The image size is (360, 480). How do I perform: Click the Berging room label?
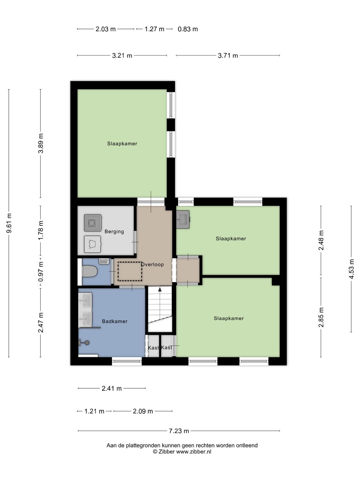click(x=114, y=232)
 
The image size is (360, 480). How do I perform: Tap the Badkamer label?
click(x=115, y=321)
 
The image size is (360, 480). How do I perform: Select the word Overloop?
click(x=152, y=265)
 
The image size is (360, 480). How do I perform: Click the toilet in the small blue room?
click(x=89, y=271)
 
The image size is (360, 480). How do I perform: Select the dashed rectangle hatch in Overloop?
click(x=130, y=271)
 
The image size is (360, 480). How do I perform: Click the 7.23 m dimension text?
click(x=179, y=431)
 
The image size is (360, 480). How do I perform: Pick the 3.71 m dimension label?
click(x=228, y=56)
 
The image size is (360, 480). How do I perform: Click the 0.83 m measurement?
click(x=188, y=29)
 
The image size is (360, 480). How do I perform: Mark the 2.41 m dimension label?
click(x=112, y=388)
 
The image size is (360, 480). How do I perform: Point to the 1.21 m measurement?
click(x=94, y=411)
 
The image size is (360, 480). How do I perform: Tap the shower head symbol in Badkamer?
click(x=86, y=342)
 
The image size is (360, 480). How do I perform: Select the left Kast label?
click(x=153, y=348)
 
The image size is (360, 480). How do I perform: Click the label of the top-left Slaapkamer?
click(x=122, y=144)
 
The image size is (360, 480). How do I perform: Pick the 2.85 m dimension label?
click(x=321, y=317)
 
